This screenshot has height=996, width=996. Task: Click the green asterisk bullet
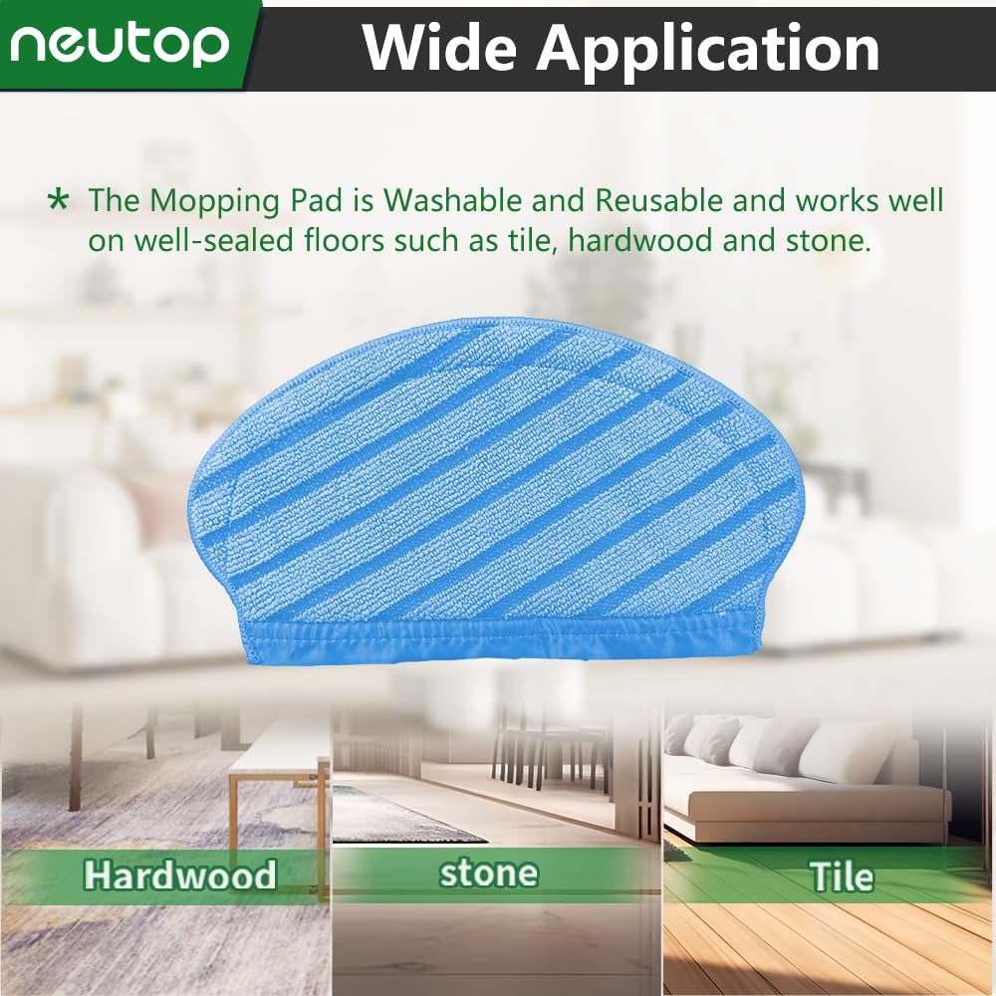[59, 200]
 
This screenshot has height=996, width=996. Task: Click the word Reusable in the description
[658, 201]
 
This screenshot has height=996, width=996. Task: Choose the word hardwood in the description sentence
[639, 241]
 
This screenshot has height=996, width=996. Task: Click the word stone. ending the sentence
[830, 241]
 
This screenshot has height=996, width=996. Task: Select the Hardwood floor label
[180, 875]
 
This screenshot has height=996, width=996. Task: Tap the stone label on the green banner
[488, 874]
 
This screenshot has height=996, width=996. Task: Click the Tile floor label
[842, 876]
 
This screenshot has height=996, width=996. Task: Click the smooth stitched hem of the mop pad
[502, 638]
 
